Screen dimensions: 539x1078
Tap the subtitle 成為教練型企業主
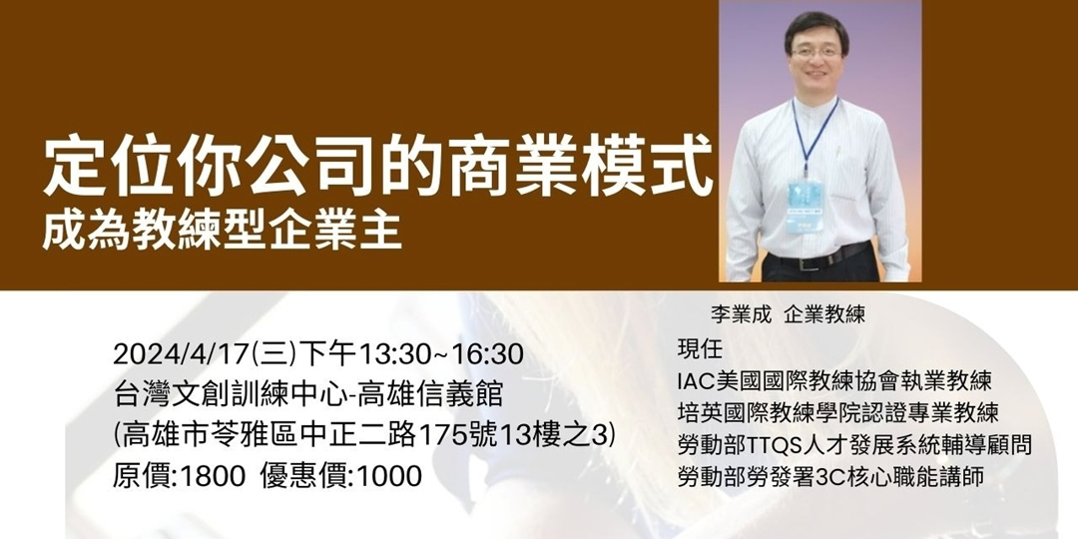222,229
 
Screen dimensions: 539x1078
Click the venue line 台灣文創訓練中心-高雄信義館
308,395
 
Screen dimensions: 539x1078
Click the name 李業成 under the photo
742,314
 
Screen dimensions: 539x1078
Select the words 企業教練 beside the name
824,314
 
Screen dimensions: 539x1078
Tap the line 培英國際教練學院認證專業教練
837,412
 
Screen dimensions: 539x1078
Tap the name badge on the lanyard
804,204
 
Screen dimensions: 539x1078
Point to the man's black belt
818,259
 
